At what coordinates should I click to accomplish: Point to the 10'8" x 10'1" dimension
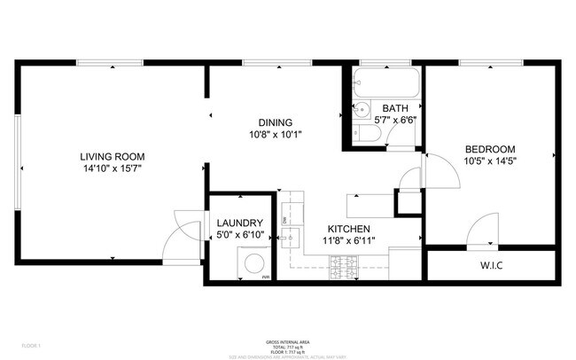275,135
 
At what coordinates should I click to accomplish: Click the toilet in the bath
369,135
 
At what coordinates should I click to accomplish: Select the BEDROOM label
489,149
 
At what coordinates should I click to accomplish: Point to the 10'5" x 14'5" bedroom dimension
489,160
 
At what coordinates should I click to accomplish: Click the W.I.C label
494,264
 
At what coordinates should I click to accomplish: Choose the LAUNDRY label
239,223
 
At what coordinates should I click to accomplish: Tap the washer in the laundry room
253,262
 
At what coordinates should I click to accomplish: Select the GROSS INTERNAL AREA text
288,341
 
